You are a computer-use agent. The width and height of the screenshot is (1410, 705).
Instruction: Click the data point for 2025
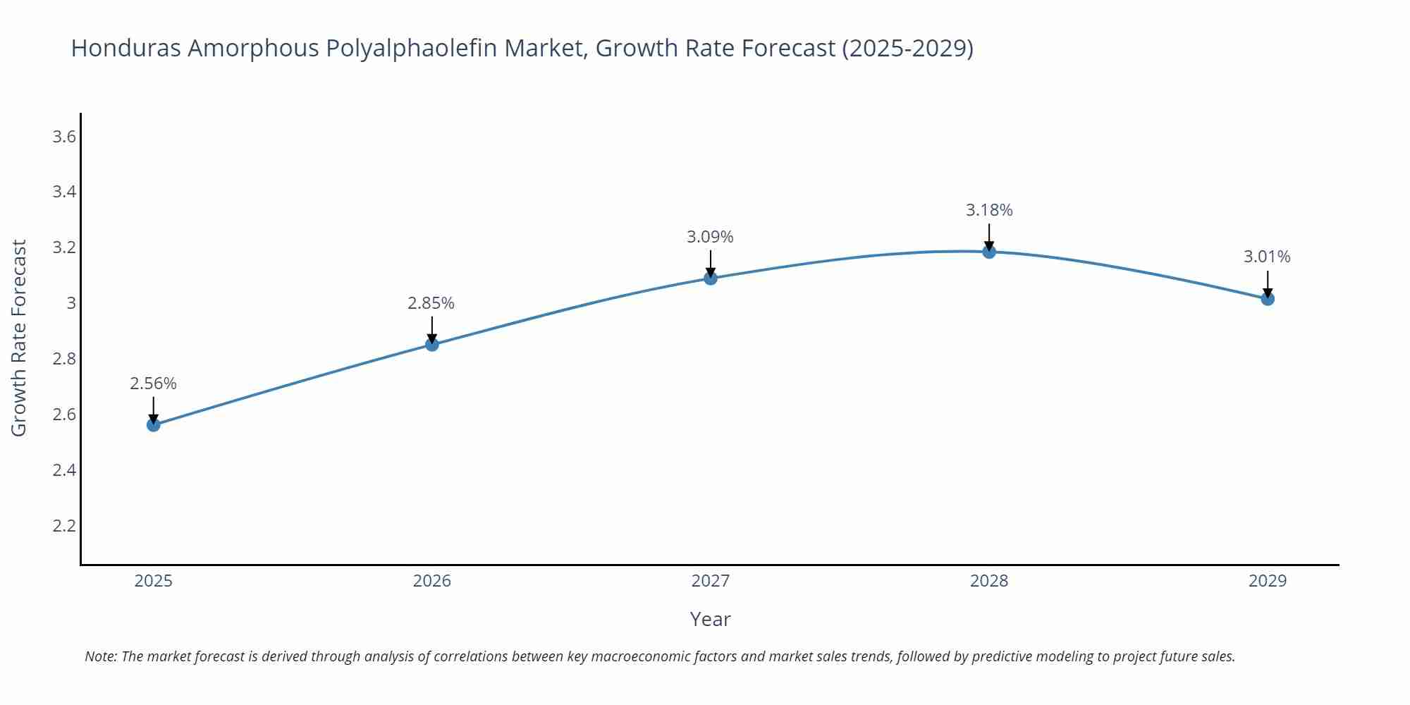154,424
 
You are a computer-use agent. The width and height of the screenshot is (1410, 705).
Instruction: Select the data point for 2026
432,344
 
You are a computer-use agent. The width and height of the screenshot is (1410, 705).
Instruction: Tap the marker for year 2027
711,278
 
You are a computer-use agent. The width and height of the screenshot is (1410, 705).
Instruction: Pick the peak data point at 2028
989,252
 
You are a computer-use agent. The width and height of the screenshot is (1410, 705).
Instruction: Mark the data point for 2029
1268,299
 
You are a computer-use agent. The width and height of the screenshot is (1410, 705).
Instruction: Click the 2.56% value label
153,384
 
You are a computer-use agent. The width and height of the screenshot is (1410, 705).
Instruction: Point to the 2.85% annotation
431,303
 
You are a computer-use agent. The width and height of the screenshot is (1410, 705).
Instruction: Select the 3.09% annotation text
710,237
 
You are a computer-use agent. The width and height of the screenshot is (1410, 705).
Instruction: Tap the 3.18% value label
989,210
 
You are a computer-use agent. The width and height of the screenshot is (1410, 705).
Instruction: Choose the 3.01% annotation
1267,257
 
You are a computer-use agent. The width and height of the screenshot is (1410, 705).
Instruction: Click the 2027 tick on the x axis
711,581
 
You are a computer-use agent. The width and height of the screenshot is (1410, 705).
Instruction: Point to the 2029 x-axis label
1268,581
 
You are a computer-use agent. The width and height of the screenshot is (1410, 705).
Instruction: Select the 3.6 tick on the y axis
64,137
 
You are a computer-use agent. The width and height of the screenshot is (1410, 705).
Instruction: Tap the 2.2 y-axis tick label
64,526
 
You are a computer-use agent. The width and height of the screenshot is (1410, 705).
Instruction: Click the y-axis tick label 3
71,303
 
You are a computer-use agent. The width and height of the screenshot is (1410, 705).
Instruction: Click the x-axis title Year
710,619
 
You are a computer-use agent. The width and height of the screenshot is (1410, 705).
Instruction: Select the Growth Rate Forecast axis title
19,338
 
